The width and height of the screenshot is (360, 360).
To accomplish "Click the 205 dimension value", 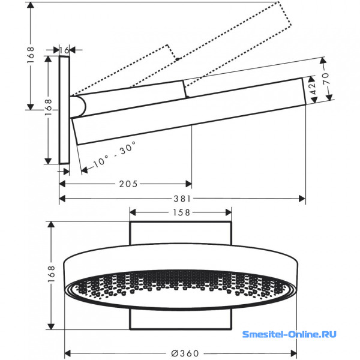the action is click(x=128, y=184).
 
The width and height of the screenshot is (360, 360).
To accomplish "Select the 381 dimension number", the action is click(x=182, y=199).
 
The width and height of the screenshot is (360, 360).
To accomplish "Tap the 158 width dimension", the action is click(x=181, y=212).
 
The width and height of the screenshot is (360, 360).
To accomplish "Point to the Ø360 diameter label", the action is click(x=185, y=353).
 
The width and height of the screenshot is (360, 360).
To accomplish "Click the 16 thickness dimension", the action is click(x=65, y=50).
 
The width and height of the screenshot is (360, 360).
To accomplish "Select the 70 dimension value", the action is click(x=326, y=79).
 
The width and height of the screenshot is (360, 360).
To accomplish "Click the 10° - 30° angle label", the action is click(x=115, y=154).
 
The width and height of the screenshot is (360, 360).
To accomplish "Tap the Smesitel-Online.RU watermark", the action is click(x=289, y=334).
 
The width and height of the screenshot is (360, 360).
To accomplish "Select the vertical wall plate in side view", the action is click(x=64, y=110).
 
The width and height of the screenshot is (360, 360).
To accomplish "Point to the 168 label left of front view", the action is click(x=51, y=274).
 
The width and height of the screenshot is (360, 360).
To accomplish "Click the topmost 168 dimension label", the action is click(x=31, y=55).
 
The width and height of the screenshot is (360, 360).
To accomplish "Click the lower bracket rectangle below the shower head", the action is click(x=181, y=319).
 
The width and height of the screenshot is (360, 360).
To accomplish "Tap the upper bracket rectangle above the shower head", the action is click(x=181, y=233).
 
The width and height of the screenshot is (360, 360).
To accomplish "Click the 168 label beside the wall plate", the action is click(x=48, y=107).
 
